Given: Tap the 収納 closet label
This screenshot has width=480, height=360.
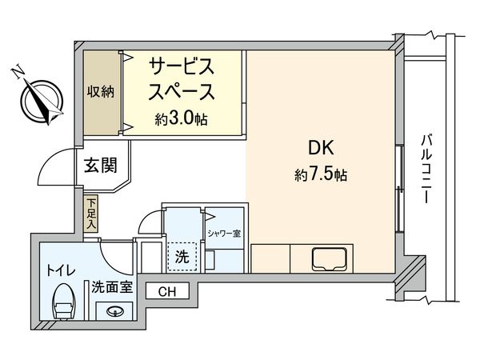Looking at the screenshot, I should (101, 90).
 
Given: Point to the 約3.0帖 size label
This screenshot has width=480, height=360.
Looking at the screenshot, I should (182, 118).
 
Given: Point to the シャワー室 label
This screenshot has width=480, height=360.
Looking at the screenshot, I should (225, 234).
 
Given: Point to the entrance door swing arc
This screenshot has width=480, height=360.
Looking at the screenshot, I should (56, 164).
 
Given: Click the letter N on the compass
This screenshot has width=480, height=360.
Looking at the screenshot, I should (17, 74).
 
